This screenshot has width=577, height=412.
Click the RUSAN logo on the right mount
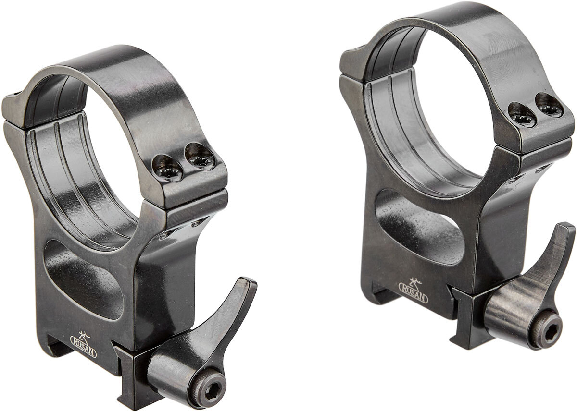[413, 291]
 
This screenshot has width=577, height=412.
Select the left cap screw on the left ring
[167, 168]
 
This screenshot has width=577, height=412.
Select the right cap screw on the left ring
[200, 157]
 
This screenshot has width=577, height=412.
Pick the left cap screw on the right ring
[523, 115]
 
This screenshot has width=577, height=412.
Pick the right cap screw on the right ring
[549, 106]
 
